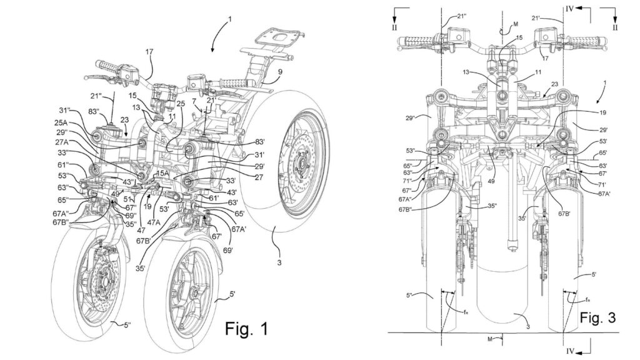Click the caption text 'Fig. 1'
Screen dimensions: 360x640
click(x=246, y=328)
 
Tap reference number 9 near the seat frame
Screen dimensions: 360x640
click(x=280, y=72)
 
